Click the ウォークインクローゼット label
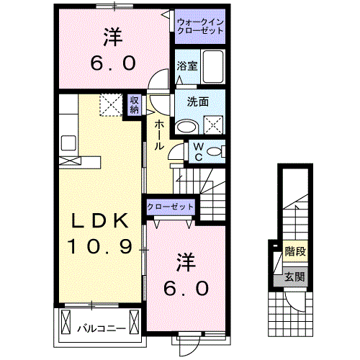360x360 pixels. (x=201, y=27)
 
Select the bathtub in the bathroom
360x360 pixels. (x=213, y=67)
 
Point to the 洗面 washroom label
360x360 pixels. (x=199, y=102)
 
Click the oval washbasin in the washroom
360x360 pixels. (x=186, y=126)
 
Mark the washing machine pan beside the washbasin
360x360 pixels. (x=214, y=125)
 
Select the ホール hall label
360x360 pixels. (x=158, y=135)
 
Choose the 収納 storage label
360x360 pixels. (x=135, y=105)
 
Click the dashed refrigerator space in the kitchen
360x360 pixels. (x=111, y=106)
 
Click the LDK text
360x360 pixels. (x=99, y=221)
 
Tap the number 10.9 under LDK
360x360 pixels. (x=99, y=248)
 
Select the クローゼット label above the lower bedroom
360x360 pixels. (x=171, y=207)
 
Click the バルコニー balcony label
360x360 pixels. (x=102, y=329)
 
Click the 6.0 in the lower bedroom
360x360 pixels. (x=186, y=288)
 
